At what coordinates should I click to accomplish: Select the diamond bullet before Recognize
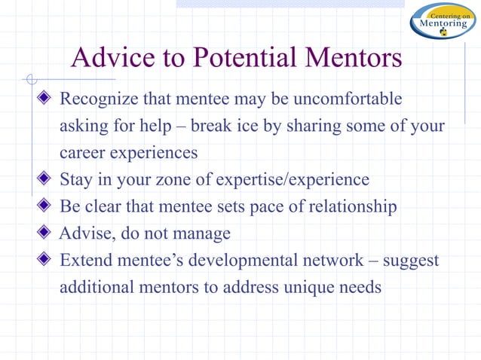click(45, 99)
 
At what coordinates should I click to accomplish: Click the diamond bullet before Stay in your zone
click(45, 180)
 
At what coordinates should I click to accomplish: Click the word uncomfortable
click(348, 99)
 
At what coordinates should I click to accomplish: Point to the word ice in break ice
click(250, 126)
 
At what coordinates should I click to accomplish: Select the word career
click(81, 153)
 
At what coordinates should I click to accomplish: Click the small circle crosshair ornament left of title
click(30, 78)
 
